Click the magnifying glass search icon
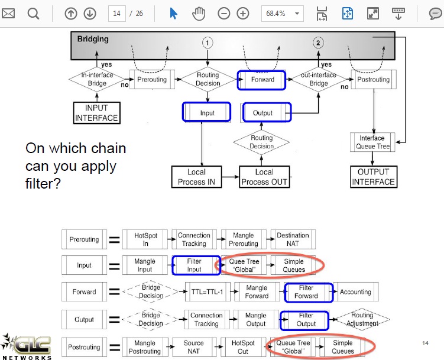(x=33, y=14)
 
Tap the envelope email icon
(x=8, y=14)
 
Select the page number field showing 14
(x=116, y=14)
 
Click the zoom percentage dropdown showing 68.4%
(x=283, y=14)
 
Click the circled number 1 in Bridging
(x=208, y=43)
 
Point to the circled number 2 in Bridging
(x=318, y=43)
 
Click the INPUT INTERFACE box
(x=96, y=113)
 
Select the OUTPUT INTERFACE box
(x=374, y=177)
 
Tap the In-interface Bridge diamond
(x=97, y=79)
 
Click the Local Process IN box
(x=196, y=177)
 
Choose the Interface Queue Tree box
(x=372, y=142)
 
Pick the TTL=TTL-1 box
(x=208, y=292)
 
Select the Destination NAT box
(x=293, y=239)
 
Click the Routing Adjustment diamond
(x=362, y=319)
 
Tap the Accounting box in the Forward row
(x=356, y=292)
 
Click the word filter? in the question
(x=43, y=183)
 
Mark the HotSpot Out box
(x=243, y=347)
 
